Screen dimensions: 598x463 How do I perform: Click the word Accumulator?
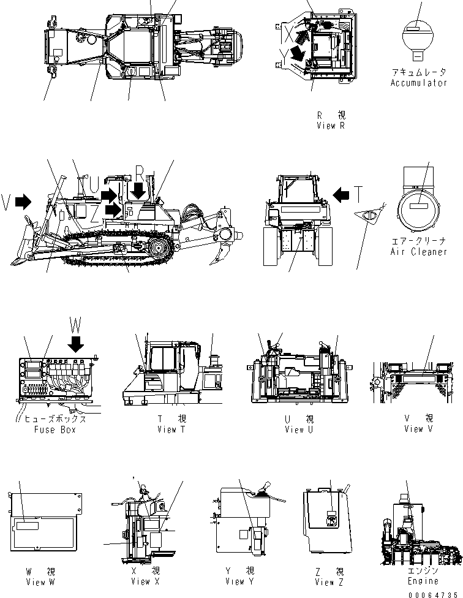(x=419, y=83)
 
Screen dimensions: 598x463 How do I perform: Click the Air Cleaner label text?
(x=419, y=252)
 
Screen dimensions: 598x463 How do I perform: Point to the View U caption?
(x=299, y=430)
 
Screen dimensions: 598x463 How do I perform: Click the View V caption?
(x=418, y=429)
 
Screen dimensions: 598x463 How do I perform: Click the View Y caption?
(x=239, y=581)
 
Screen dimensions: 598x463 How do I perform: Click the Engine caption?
(x=423, y=581)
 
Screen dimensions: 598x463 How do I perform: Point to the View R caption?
(x=331, y=126)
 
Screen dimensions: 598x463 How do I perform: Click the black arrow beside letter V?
(x=23, y=202)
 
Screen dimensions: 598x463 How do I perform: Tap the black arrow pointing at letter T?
(x=341, y=195)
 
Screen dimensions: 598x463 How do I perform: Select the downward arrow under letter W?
(x=75, y=345)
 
